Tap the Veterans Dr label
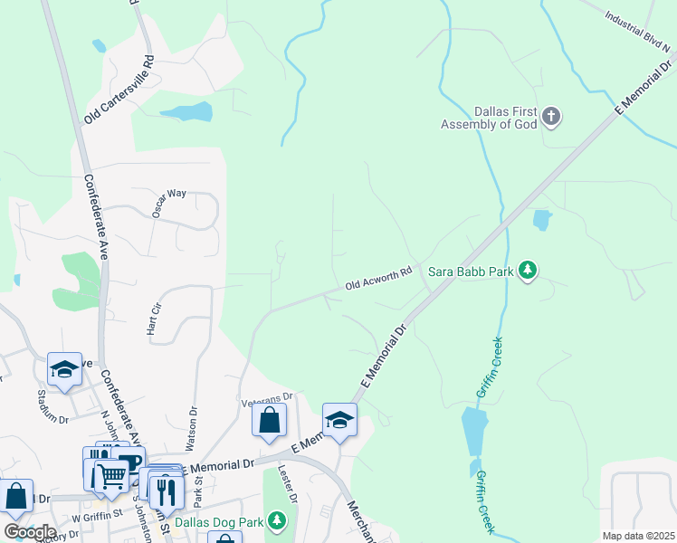pos(267,396)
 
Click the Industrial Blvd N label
pos(635,31)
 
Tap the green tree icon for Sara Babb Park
pos(529,270)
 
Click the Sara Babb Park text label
pos(471,271)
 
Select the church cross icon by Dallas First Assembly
pos(551,116)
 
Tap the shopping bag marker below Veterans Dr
pos(269,421)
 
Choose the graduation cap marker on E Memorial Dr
pos(339,420)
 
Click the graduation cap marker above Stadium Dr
pos(64,369)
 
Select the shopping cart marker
pos(111,472)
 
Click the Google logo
pos(30,531)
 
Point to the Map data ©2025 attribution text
pos(637,536)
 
